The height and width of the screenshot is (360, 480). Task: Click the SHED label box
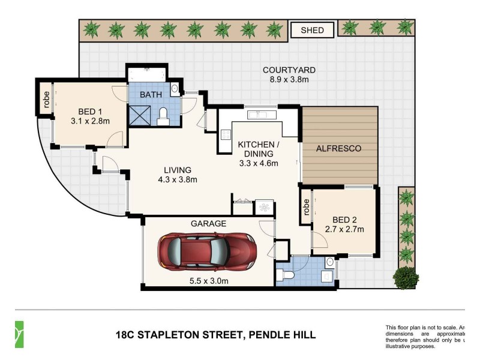[312, 30]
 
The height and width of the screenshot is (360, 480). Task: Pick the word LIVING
[177, 169]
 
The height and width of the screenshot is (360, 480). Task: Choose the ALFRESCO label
[340, 148]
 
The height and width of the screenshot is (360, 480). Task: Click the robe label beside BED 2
[306, 206]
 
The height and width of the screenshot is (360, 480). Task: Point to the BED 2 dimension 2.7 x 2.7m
[344, 229]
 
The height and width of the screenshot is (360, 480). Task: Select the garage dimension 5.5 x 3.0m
[208, 280]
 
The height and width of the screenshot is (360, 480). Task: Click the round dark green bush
[406, 277]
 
